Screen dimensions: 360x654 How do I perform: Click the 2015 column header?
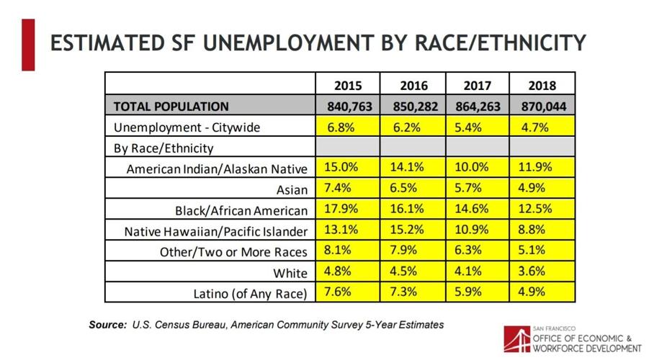[x=347, y=85]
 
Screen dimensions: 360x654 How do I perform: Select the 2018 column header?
[x=542, y=85]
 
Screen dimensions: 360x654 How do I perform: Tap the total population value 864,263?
[x=477, y=107]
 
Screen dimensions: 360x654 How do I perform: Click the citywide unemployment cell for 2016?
[x=412, y=127]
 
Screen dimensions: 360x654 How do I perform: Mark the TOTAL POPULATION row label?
[x=171, y=107]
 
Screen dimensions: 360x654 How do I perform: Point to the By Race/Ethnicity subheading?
[x=163, y=148]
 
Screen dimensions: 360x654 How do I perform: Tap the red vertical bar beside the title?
[x=28, y=45]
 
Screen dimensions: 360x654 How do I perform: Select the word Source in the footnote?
[x=107, y=325]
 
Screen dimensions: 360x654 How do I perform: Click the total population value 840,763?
[x=347, y=107]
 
